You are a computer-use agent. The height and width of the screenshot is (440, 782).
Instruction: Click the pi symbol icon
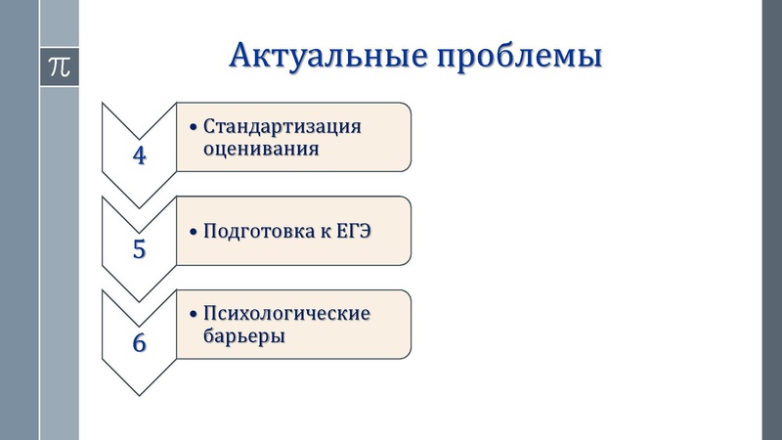[59, 66]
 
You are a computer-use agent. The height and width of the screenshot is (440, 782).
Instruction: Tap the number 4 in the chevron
[139, 154]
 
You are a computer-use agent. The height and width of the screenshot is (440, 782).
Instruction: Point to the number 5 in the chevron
[139, 248]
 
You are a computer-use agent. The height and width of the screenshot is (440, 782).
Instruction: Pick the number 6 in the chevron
[139, 343]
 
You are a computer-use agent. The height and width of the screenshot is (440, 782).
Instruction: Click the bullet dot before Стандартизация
[194, 127]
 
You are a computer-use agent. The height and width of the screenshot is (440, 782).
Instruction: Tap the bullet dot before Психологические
[194, 315]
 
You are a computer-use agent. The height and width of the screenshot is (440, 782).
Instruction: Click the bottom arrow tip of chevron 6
[139, 394]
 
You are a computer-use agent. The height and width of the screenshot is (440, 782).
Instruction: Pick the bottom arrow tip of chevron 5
[139, 300]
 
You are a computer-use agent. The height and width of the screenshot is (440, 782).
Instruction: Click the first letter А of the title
[240, 56]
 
